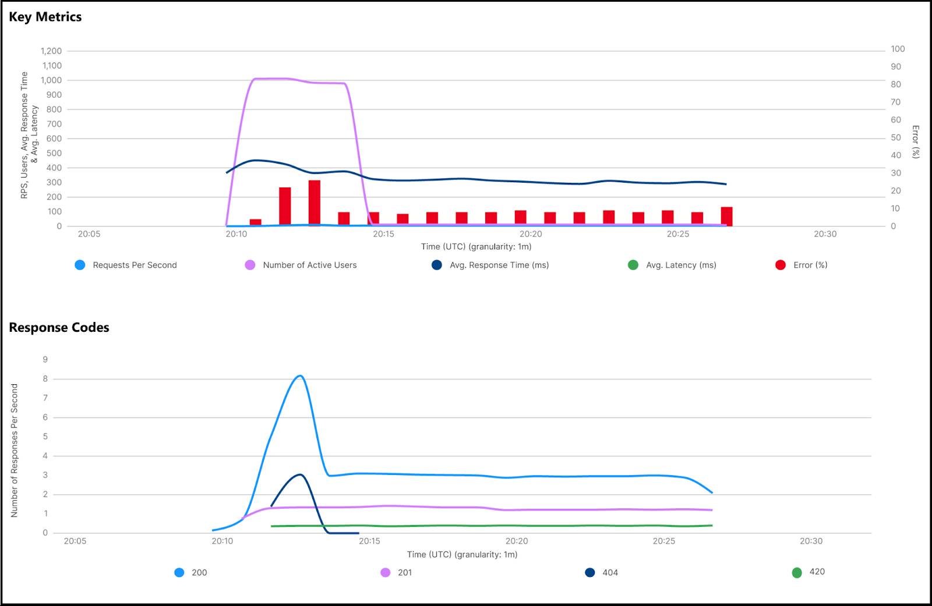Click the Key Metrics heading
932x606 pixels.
point(45,17)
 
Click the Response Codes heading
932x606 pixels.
point(59,327)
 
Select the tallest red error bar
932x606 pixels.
point(315,203)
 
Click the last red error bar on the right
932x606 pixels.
point(726,216)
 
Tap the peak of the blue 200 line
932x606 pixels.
point(300,376)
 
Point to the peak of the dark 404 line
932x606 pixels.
point(300,474)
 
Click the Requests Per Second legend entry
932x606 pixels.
point(135,265)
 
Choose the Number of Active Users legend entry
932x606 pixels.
point(309,265)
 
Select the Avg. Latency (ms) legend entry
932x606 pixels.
point(681,265)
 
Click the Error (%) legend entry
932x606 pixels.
point(810,265)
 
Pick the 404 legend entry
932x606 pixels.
point(610,572)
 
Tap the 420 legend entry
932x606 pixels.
point(817,572)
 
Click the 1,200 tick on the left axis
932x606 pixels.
point(51,51)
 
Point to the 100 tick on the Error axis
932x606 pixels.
point(898,49)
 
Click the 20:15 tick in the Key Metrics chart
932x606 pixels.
point(383,234)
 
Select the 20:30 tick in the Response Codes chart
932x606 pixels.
point(811,541)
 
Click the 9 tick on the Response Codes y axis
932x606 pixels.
point(45,359)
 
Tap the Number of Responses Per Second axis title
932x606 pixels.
point(15,450)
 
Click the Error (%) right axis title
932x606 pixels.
point(915,141)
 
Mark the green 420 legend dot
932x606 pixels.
point(797,572)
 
